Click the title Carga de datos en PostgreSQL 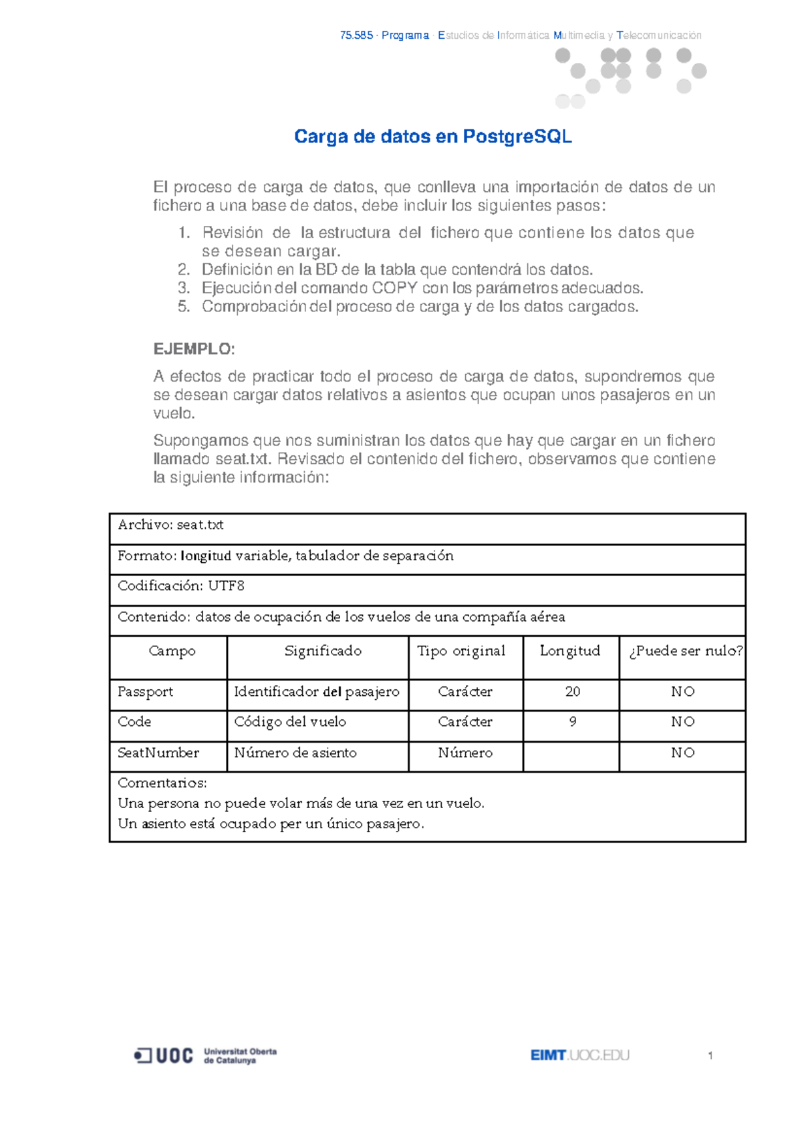[432, 137]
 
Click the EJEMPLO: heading [194, 349]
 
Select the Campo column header [172, 651]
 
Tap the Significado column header [323, 651]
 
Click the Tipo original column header [461, 651]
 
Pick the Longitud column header [570, 651]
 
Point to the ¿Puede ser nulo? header [686, 651]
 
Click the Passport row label [145, 692]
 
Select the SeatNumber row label [158, 753]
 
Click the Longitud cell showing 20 [573, 692]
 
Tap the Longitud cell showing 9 [573, 722]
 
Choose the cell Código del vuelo [290, 722]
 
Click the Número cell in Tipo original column [465, 753]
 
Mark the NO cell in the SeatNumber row [683, 753]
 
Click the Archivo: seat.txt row [170, 525]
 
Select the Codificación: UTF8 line [181, 586]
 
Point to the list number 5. [184, 307]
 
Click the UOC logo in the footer [164, 1055]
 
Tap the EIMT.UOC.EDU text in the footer [580, 1055]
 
